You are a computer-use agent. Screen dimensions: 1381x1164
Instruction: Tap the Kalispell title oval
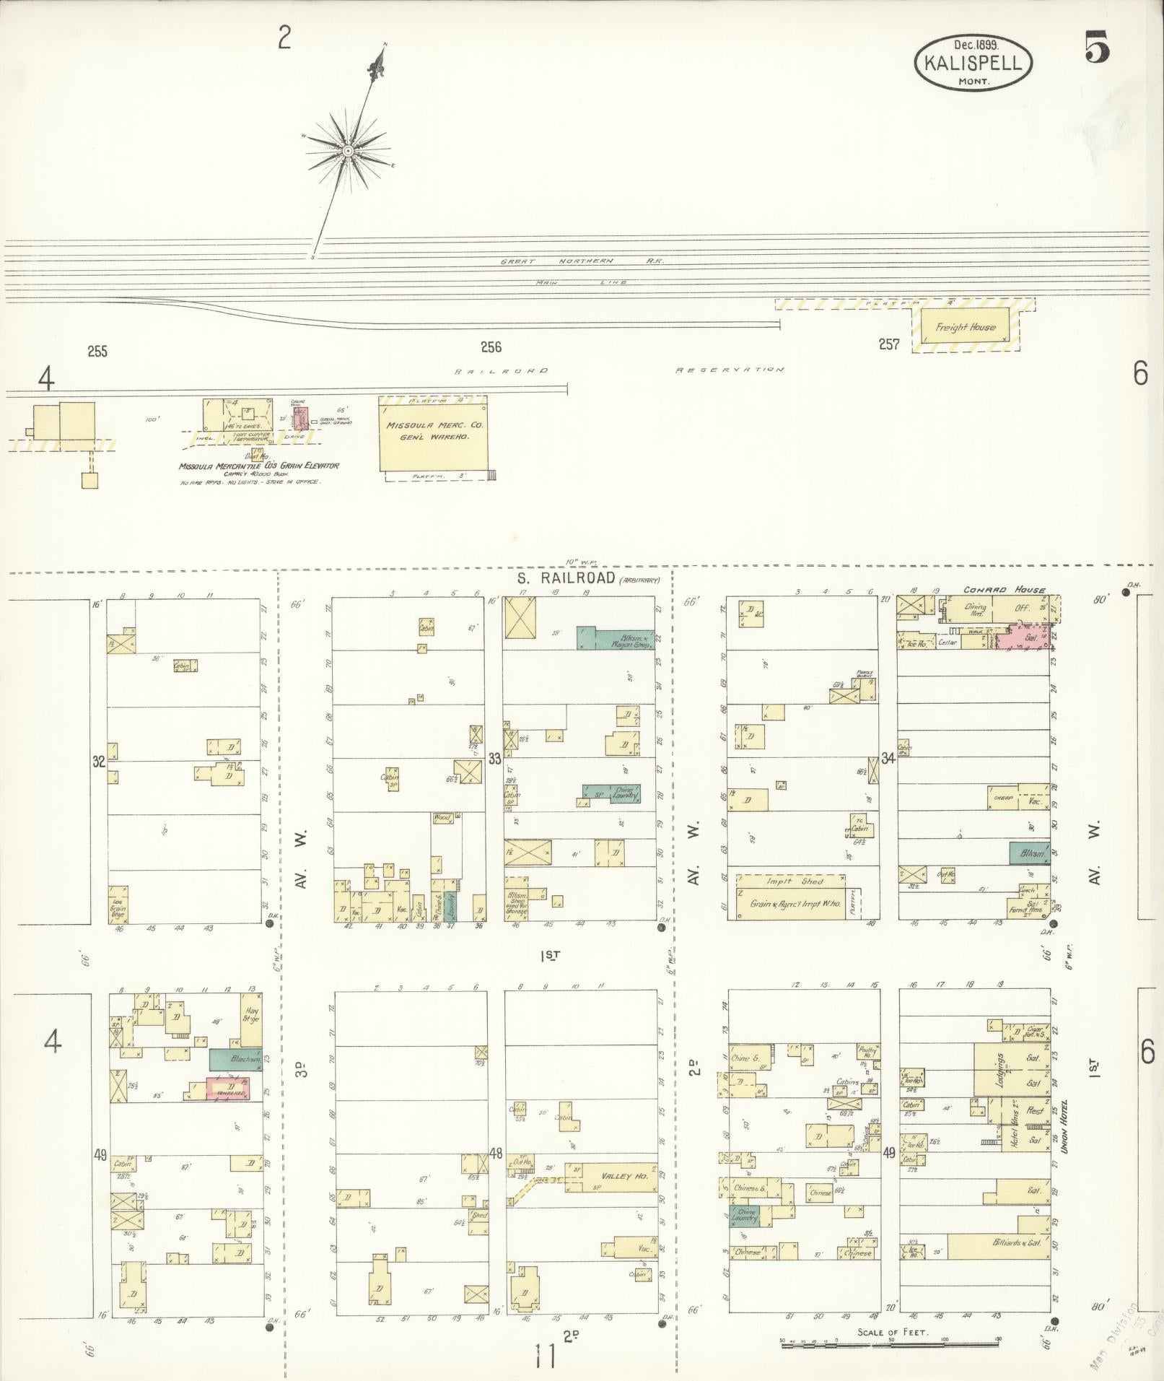(973, 64)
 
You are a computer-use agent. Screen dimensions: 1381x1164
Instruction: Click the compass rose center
(348, 151)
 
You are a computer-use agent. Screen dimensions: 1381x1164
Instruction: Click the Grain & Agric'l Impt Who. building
(790, 903)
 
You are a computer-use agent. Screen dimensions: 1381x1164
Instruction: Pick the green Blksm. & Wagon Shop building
(615, 638)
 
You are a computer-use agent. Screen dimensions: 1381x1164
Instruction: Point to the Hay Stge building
(250, 1020)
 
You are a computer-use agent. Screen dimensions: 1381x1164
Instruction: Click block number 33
(494, 758)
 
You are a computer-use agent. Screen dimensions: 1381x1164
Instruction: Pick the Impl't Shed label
(790, 881)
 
